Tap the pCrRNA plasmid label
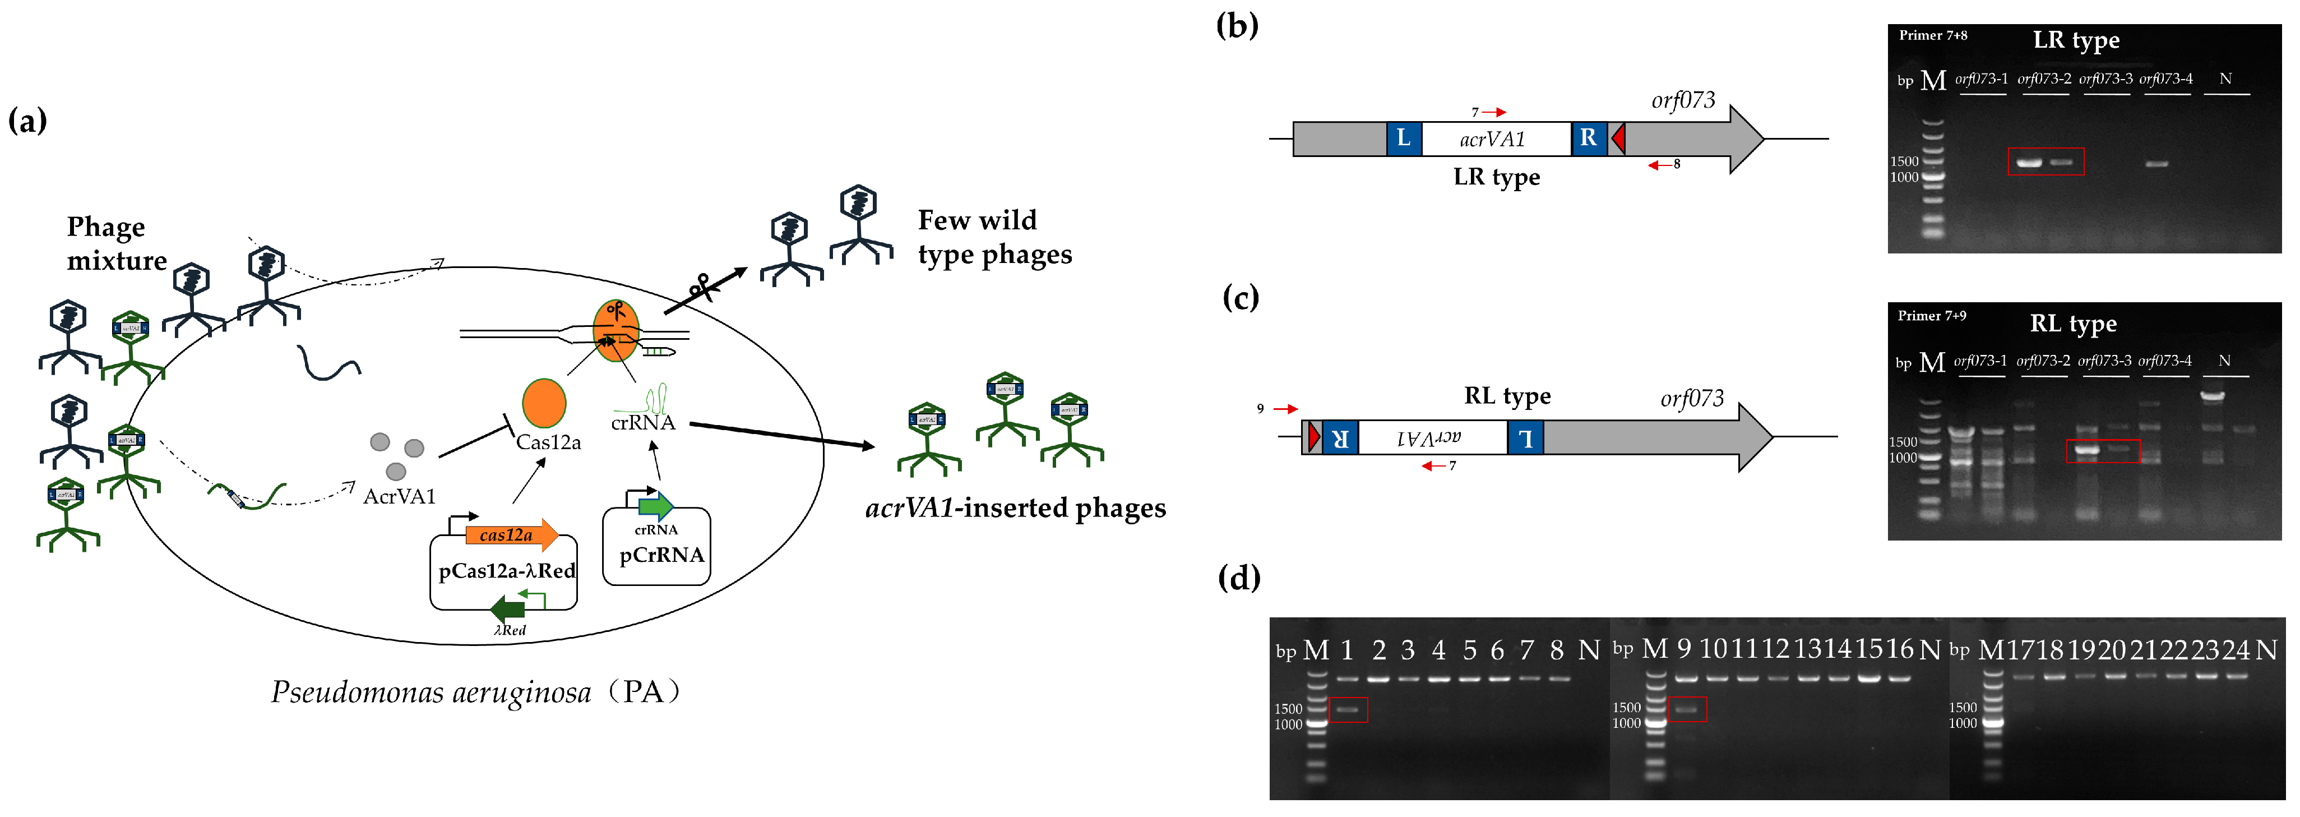coord(661,555)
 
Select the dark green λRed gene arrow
coord(507,611)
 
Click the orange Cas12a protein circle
coord(544,403)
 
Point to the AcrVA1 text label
coord(399,496)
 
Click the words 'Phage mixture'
coord(116,244)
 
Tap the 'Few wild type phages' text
coord(994,238)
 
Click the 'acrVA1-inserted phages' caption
coord(1015,508)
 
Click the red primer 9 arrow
coord(1285,409)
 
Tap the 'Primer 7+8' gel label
coord(1932,36)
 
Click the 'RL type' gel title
coord(2072,323)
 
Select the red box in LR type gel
coord(2046,161)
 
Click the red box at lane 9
coord(1687,709)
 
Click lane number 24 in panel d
coord(2236,650)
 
